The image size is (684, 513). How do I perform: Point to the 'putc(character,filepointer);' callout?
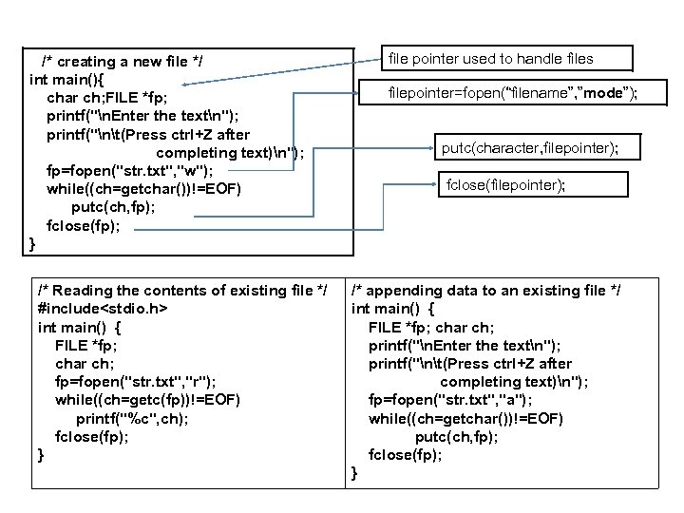tap(530, 147)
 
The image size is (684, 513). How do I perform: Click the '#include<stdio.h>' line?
tap(104, 309)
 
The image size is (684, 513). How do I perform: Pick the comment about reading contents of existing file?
tap(183, 291)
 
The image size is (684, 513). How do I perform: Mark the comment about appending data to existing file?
tap(485, 291)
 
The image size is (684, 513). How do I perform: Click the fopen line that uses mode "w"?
tap(130, 171)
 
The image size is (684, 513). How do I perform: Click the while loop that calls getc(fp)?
tap(148, 400)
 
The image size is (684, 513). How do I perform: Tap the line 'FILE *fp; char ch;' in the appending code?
tap(432, 328)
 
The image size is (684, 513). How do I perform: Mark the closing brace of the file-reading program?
tap(41, 455)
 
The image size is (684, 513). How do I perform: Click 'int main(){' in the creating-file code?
tap(68, 81)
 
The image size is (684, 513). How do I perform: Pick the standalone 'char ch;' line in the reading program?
tap(85, 364)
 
